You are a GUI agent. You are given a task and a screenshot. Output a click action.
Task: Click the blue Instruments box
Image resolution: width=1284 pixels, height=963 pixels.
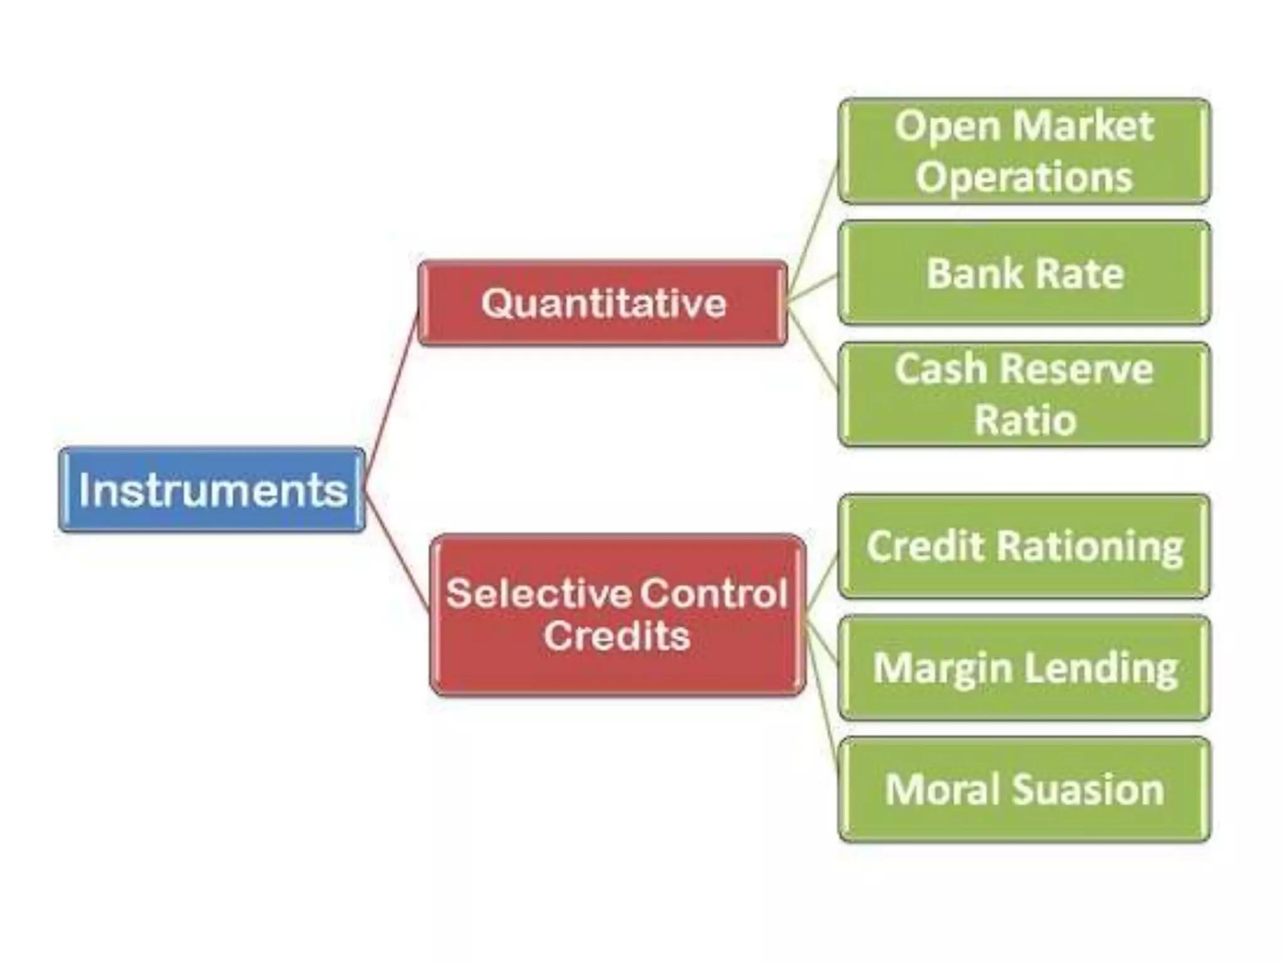click(212, 490)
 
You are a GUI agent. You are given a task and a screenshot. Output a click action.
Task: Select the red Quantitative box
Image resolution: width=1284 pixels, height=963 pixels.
click(603, 303)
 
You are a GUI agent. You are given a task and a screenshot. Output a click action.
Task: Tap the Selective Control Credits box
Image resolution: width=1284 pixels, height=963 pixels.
click(618, 614)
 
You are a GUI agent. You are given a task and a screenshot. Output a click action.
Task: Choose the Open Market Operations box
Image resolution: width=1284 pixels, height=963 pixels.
click(1024, 151)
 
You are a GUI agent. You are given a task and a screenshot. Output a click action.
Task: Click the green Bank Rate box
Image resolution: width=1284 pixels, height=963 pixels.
click(1024, 273)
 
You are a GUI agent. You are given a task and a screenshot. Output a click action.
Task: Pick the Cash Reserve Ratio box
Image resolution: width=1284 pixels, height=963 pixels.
click(1024, 394)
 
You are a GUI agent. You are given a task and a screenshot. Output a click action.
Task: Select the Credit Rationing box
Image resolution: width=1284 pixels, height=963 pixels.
click(1024, 546)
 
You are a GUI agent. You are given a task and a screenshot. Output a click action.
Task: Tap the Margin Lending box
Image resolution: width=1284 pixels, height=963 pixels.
click(1024, 668)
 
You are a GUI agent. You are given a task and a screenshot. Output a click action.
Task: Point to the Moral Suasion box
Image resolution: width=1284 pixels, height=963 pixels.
click(1024, 789)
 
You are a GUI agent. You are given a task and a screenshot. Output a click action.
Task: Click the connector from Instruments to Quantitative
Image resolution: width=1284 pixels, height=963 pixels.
click(391, 398)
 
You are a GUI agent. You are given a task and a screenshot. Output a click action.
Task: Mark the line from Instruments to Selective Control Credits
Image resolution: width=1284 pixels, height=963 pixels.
click(396, 552)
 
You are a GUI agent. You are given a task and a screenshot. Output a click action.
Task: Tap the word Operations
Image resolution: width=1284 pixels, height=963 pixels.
click(1024, 177)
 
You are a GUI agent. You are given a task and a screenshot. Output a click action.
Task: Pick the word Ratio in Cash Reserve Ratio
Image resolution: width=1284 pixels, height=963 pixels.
click(1024, 420)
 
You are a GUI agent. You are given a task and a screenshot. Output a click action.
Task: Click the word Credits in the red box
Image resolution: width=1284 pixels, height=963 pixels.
click(617, 636)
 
